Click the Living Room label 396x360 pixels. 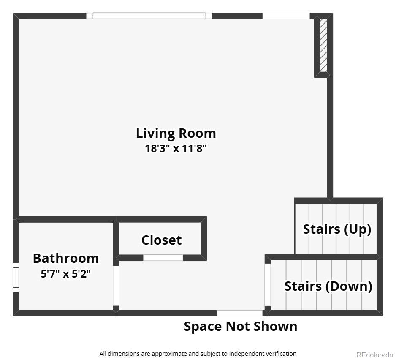click(x=176, y=133)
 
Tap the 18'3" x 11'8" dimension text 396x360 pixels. click(x=176, y=148)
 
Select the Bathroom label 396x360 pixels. click(x=66, y=258)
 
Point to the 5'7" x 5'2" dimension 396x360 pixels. click(x=66, y=273)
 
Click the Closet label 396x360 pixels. click(x=161, y=240)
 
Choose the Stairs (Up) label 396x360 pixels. click(x=337, y=229)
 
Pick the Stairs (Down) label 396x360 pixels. click(x=328, y=286)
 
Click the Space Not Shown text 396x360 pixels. click(x=241, y=326)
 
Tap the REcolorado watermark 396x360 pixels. click(x=374, y=355)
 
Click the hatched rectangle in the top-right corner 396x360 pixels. click(x=323, y=45)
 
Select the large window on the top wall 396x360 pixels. click(x=149, y=16)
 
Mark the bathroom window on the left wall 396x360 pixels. click(x=16, y=277)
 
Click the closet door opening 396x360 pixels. click(x=163, y=258)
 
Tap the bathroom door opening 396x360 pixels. click(x=116, y=285)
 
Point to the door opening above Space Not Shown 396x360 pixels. click(x=240, y=313)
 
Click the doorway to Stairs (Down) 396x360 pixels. click(x=268, y=285)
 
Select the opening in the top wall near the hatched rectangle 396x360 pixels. click(x=286, y=16)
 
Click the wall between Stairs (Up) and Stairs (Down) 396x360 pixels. click(x=324, y=257)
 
